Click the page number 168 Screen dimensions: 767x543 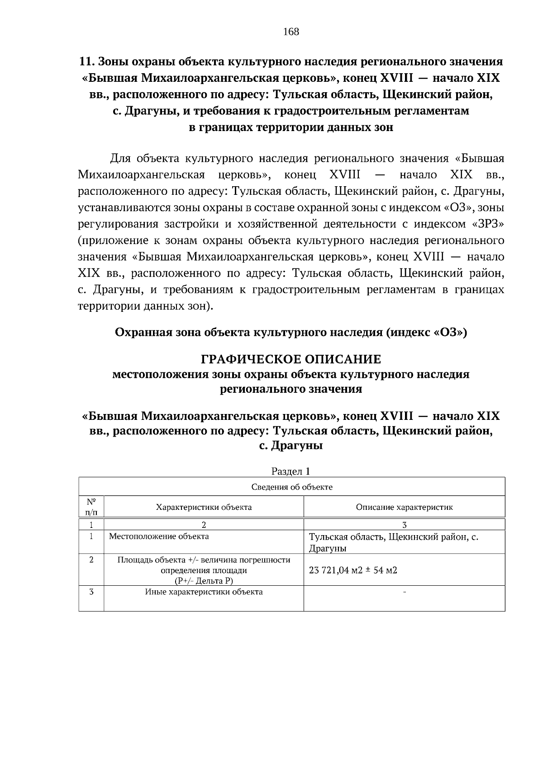[291, 32]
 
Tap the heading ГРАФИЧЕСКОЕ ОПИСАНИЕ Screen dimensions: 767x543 [291, 360]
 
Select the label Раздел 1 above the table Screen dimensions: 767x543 [291, 471]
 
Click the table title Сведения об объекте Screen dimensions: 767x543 [291, 487]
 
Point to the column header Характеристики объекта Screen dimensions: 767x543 [204, 507]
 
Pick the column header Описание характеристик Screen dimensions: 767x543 [404, 507]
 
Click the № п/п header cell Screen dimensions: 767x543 [91, 507]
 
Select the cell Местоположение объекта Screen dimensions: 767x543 [159, 536]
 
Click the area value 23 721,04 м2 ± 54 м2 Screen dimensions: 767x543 [353, 570]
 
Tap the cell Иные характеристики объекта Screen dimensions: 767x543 [204, 592]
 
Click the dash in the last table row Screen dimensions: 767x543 [404, 592]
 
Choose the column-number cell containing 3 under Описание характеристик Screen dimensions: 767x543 [404, 525]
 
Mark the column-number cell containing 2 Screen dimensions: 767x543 [204, 525]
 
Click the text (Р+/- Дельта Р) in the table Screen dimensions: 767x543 [204, 581]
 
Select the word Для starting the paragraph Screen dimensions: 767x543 [120, 159]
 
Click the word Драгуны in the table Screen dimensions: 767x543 [328, 549]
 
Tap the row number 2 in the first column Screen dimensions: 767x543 [91, 560]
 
